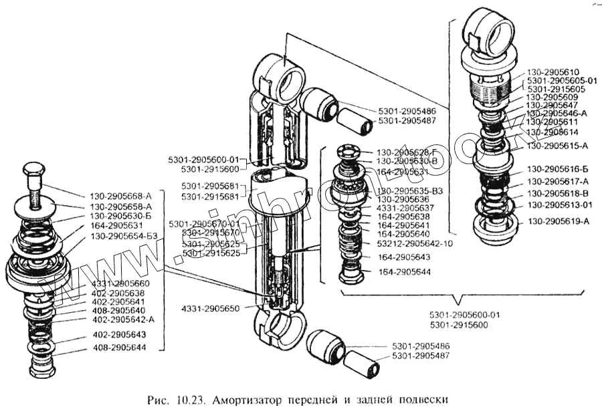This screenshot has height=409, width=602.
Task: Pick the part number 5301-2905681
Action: (x=209, y=185)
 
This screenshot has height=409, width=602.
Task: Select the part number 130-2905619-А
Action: (x=557, y=221)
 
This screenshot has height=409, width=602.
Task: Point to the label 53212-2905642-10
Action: (x=415, y=243)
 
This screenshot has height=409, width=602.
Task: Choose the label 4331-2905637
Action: (x=405, y=208)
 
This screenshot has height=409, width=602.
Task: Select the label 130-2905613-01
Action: (x=561, y=205)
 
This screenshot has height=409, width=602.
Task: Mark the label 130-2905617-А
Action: (x=557, y=181)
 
